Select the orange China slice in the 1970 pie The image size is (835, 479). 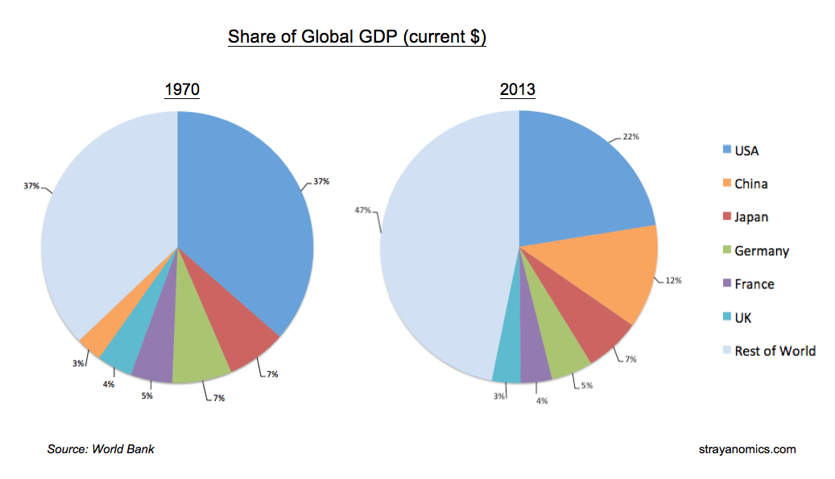[x=96, y=342]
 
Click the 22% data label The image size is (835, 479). [x=630, y=137]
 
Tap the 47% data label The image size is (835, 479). [x=362, y=210]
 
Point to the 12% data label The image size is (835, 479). [x=673, y=280]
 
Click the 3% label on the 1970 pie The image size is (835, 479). [x=78, y=364]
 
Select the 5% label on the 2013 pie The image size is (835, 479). [x=587, y=385]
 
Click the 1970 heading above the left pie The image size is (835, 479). [x=181, y=89]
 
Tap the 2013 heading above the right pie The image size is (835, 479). [x=518, y=89]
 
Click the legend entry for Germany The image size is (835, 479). [x=761, y=250]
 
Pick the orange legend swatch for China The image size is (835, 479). [x=727, y=183]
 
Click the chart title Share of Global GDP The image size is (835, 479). [x=357, y=37]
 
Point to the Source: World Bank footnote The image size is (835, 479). [x=101, y=448]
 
